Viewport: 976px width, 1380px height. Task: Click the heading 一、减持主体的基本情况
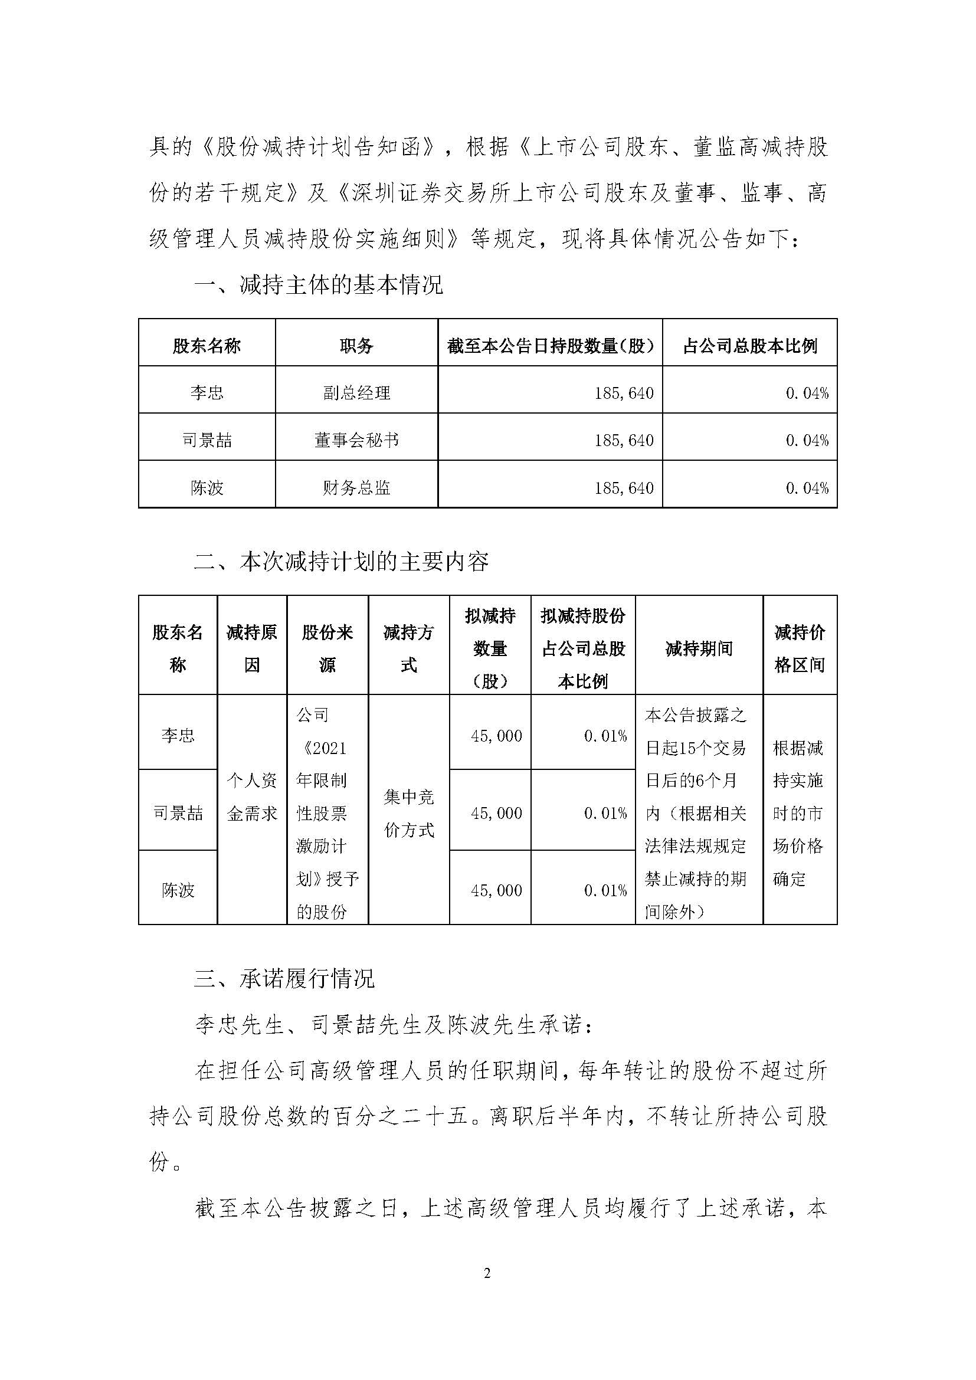[x=319, y=284]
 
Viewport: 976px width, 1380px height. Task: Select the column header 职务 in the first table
[x=356, y=346]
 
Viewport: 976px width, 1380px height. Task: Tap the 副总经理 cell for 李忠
[x=356, y=393]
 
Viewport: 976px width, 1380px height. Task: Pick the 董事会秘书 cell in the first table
[x=356, y=441]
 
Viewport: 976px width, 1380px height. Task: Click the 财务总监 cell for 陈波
[x=356, y=487]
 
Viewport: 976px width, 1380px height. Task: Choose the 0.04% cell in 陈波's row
[x=807, y=488]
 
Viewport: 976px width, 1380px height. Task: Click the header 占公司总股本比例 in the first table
[x=750, y=346]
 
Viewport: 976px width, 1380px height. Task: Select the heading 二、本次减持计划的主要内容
[x=340, y=561]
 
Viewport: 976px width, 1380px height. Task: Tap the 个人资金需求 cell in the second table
[x=252, y=797]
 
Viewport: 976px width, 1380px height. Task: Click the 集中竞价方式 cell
[x=409, y=813]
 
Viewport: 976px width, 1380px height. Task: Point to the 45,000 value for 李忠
[x=496, y=736]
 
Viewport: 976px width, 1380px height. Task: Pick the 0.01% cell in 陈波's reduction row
[x=605, y=890]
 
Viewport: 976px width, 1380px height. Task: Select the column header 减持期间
[x=699, y=648]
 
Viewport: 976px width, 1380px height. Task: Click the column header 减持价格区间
[x=800, y=648]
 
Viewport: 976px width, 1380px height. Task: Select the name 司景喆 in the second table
[x=178, y=813]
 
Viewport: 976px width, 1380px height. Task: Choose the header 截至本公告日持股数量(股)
[x=550, y=346]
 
